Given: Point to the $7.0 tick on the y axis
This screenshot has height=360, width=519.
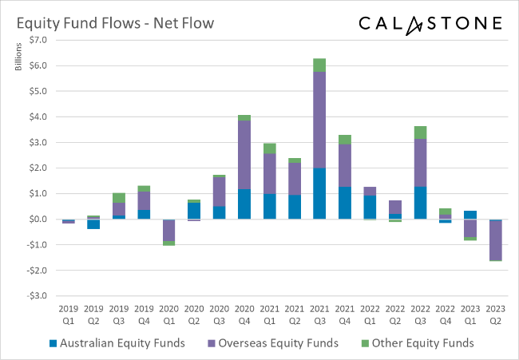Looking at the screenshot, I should (38, 40).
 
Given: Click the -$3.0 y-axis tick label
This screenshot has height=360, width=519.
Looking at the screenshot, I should (37, 296).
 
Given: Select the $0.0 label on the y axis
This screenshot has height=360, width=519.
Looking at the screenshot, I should (38, 220).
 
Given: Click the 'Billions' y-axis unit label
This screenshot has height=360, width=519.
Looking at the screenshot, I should (18, 56).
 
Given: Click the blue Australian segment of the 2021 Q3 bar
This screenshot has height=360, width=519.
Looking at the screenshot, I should (319, 193).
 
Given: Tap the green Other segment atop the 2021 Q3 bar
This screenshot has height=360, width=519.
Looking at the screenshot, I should (319, 65).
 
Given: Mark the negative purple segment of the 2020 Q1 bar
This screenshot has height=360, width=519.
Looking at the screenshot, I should (168, 230).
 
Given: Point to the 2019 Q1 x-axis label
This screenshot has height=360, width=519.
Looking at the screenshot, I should (69, 315).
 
